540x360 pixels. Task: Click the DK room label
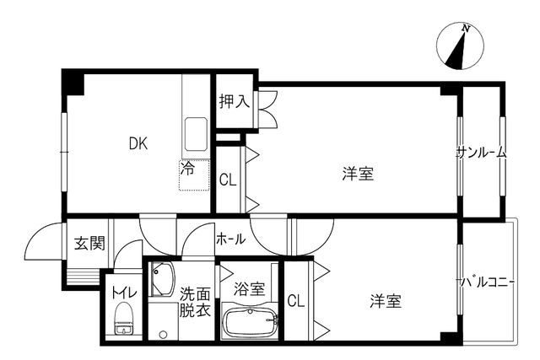138,143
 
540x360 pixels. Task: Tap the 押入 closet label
235,101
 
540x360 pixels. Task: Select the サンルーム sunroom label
481,153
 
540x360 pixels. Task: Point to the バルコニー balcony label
486,282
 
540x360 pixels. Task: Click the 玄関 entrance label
89,244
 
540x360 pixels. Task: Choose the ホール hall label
231,239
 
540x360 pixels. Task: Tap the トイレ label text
124,293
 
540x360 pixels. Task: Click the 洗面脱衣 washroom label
195,302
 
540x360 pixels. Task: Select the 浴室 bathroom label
250,288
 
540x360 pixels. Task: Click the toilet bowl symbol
123,319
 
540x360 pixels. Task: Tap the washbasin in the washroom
163,279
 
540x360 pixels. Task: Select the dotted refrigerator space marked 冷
194,175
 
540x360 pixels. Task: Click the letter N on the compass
466,29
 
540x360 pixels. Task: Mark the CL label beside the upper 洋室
228,180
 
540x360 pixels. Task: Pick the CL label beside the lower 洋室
296,301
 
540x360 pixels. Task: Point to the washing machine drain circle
163,334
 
